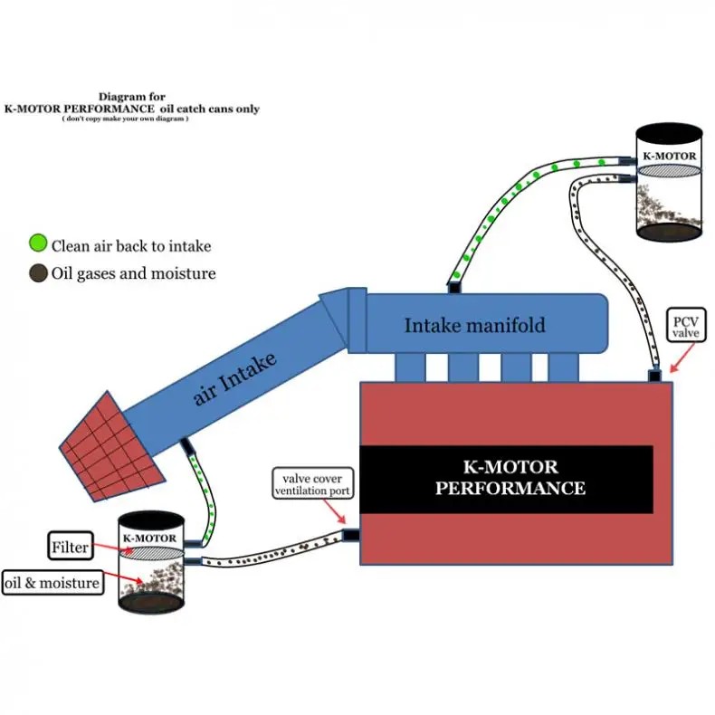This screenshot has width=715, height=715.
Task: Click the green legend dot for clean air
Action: (37, 243)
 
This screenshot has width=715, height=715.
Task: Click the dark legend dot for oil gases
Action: (37, 272)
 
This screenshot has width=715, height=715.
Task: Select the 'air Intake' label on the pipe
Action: (233, 379)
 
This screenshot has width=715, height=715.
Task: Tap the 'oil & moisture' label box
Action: (52, 583)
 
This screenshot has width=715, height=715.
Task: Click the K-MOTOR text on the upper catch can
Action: (670, 156)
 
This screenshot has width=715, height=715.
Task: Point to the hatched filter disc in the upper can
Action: (669, 169)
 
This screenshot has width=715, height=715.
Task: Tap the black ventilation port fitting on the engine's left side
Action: (351, 535)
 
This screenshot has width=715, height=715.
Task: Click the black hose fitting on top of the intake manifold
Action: (455, 287)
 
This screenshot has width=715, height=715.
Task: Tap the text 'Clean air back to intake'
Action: (131, 245)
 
